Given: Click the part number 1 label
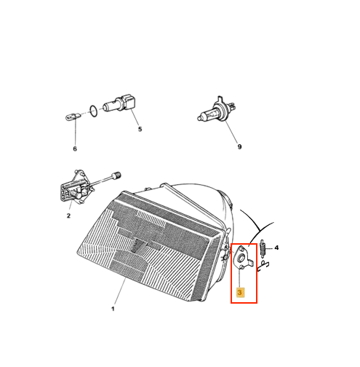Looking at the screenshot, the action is pos(113,309).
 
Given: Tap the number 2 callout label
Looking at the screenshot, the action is pos(68,216).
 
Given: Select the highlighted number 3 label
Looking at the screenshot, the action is pos(240,292).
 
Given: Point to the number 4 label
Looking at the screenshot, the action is pos(276,248).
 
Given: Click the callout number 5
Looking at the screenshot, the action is pos(140,129).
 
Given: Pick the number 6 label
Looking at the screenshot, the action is pos(75,149).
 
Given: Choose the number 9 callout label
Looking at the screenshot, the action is pos(239,146).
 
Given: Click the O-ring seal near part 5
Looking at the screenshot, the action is pos(94,111).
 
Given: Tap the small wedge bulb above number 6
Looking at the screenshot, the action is pos(74,117).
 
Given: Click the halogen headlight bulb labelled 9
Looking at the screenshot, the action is pos(217,111).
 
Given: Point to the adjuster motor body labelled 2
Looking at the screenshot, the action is pos(73,187).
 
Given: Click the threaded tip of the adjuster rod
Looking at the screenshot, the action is pos(116,175).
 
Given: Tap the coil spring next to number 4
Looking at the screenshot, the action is pos(263,248).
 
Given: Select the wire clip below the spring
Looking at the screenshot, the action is pos(263,266).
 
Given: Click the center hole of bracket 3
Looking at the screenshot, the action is pos(241,259).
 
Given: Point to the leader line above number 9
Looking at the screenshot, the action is pos(231,132).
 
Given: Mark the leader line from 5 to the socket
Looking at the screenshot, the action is pos(135,118).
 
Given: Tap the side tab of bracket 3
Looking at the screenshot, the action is pos(251,263).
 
